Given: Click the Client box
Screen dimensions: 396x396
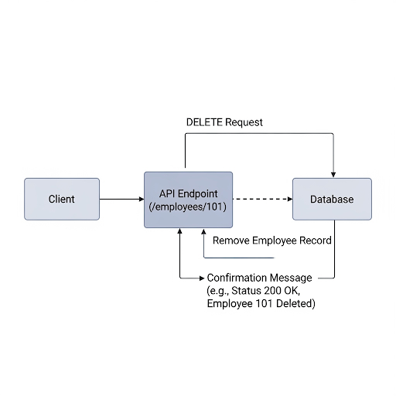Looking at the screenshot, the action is [x=62, y=199].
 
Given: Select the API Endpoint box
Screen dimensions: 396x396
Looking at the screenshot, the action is [x=188, y=200].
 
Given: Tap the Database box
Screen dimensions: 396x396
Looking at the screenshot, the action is [x=332, y=199].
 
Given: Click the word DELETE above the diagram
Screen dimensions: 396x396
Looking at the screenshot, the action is [x=204, y=122].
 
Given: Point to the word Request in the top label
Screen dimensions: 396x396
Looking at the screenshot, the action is [x=244, y=123].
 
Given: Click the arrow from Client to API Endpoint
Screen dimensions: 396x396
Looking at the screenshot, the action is [x=121, y=199].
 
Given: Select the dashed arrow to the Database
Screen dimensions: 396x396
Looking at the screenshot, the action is [x=263, y=199].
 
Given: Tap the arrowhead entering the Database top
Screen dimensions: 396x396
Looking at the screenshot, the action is [x=333, y=175].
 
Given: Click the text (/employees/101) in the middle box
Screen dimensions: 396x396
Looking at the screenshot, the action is [x=188, y=207].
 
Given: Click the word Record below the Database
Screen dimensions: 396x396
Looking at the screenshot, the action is [x=316, y=241].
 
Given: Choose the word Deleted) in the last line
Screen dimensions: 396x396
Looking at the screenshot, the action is [x=295, y=303].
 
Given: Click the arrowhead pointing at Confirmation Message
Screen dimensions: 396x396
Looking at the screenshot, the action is [x=202, y=278].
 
